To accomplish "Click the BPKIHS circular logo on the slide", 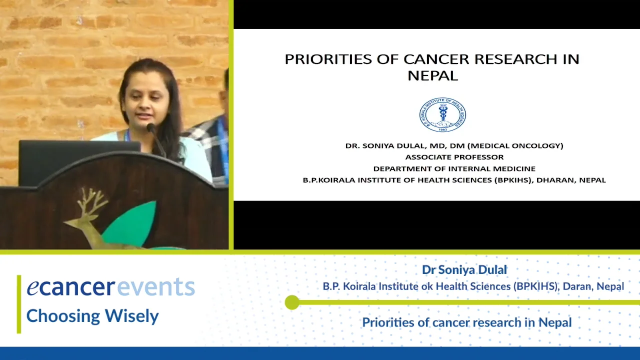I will (442, 115).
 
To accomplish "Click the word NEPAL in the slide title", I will (432, 75).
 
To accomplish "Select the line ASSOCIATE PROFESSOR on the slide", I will (454, 157).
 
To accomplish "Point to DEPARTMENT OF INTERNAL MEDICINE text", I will (454, 168).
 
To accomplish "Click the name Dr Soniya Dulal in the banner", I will (464, 269).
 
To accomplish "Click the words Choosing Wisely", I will (92, 316).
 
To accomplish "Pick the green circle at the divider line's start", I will (292, 302).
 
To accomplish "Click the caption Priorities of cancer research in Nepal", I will (466, 322).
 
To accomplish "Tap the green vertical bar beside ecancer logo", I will (19, 303).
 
